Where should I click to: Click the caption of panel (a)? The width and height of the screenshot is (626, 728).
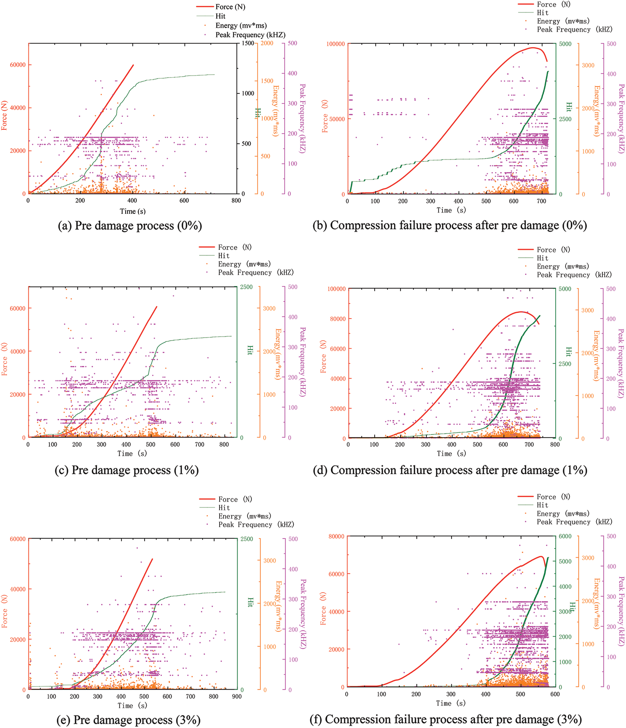tap(130, 226)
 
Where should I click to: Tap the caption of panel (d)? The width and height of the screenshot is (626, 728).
tap(450, 470)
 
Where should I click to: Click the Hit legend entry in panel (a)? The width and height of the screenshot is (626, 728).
tap(220, 16)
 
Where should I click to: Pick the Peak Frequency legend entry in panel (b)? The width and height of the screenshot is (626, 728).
tap(574, 30)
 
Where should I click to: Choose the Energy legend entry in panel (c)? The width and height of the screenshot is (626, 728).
tap(244, 264)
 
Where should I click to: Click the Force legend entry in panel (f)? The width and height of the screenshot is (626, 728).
tap(553, 497)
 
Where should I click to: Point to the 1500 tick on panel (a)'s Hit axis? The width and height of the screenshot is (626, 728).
tap(248, 43)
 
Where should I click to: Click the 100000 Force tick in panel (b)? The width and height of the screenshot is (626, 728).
tap(335, 44)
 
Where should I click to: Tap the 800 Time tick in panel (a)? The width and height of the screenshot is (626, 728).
tap(236, 201)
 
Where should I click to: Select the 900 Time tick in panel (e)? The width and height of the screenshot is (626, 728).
tap(237, 697)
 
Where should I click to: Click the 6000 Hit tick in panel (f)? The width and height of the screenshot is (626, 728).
tap(565, 536)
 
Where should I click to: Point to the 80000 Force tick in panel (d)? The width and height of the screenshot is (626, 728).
tap(337, 319)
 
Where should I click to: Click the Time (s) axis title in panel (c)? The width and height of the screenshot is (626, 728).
tap(132, 454)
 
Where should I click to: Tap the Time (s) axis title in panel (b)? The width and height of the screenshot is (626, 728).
tap(451, 210)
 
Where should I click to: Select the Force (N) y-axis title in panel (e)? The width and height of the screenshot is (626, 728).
tap(4, 611)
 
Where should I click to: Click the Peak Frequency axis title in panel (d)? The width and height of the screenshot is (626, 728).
tap(621, 363)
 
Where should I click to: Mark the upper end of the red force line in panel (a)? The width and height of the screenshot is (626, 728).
tap(133, 65)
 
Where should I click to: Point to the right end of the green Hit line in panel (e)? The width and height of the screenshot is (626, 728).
tap(225, 592)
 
